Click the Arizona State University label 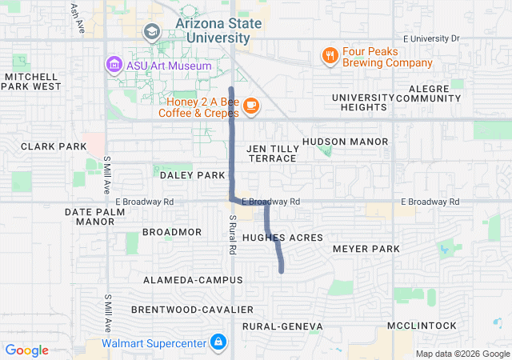[218, 30]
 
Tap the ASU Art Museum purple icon [114, 65]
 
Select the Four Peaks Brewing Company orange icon [329, 55]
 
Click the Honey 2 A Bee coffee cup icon [250, 105]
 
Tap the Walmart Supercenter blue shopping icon [218, 343]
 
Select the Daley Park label [193, 174]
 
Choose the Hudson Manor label [345, 142]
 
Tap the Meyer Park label [366, 250]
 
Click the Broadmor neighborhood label [172, 232]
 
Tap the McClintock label [422, 326]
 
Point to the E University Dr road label [432, 38]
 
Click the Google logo [27, 350]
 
